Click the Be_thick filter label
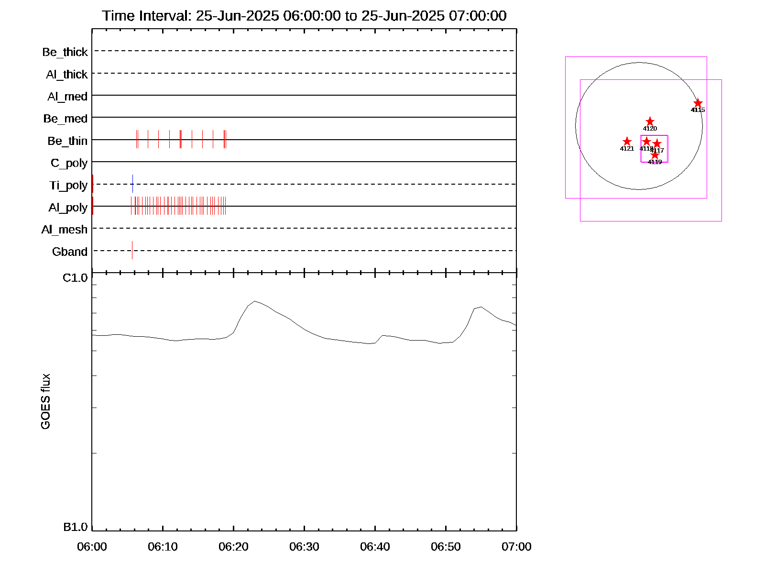(65, 52)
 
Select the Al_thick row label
(67, 75)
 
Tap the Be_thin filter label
(67, 141)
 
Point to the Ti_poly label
(68, 186)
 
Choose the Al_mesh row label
(65, 230)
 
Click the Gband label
(70, 252)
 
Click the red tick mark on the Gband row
(132, 250)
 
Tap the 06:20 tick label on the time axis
(233, 547)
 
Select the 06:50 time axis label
(446, 547)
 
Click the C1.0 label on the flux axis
(76, 278)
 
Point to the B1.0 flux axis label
(76, 527)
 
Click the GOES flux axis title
(46, 402)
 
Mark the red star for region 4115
(698, 103)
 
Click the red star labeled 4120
(650, 121)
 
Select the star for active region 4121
(627, 142)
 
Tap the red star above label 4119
(655, 155)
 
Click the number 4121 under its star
(627, 149)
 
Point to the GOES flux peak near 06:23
(255, 301)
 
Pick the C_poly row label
(69, 164)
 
